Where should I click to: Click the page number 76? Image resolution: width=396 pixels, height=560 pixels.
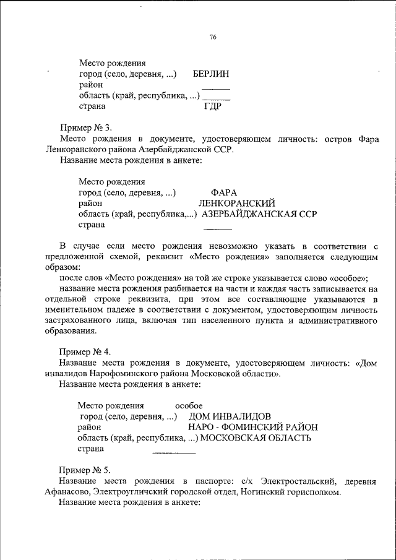(x=212, y=37)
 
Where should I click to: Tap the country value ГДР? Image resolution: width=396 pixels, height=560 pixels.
(x=213, y=106)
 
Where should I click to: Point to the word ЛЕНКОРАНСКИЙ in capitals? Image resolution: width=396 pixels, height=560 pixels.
(x=236, y=204)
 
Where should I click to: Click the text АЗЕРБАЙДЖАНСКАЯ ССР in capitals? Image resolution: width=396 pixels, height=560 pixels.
(x=259, y=214)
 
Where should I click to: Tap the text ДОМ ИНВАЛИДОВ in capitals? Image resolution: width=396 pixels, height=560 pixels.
(x=230, y=416)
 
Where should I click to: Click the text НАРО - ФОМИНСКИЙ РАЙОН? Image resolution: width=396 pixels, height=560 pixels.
(x=252, y=427)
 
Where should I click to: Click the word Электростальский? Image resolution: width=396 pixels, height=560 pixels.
(x=298, y=481)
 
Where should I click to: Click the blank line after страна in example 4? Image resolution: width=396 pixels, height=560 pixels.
(x=174, y=454)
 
